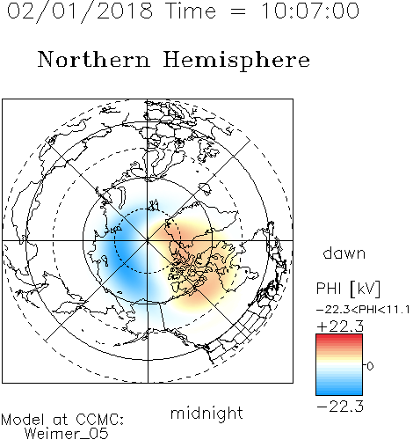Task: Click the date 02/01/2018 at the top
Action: [x=80, y=11]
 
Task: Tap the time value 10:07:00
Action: [x=309, y=11]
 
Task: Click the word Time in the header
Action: [x=191, y=11]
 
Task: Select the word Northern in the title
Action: [x=94, y=59]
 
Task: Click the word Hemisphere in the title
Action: [x=236, y=61]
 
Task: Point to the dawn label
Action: [x=344, y=253]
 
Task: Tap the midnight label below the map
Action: [x=206, y=413]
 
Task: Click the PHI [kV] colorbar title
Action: [x=348, y=289]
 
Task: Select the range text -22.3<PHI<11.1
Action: [x=363, y=310]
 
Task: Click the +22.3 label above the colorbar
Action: [x=340, y=326]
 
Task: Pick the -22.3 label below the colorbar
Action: [x=340, y=407]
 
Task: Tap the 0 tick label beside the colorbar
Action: [x=370, y=366]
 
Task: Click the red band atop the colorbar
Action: [x=339, y=338]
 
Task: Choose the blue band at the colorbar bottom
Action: [x=339, y=391]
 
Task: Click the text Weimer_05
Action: [x=67, y=434]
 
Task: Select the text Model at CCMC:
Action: [x=62, y=420]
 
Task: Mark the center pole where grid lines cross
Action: [x=148, y=240]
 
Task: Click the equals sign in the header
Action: [x=237, y=11]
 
